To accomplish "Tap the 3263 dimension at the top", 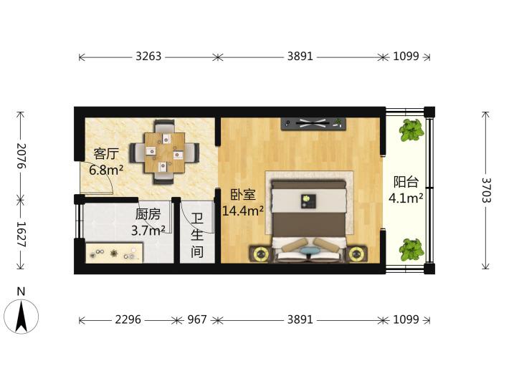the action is point(148,57).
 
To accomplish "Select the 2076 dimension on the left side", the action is point(22,155).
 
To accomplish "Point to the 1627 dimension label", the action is point(22,234).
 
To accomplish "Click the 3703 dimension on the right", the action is point(486,190).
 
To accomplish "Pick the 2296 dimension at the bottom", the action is point(128,319).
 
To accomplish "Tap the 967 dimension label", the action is point(197,319).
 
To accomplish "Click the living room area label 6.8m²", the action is point(106,170).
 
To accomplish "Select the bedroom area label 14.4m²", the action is point(242,211).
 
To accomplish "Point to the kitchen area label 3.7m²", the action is point(148,231).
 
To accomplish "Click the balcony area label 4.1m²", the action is point(406,198).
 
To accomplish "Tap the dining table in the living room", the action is point(165,153).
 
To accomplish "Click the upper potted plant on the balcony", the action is point(412,130).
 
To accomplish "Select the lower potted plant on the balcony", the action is point(412,250).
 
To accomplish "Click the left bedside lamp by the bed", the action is point(260,254).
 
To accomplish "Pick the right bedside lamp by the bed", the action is point(356,254).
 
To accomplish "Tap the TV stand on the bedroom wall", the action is point(313,124).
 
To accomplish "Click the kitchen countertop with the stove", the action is point(114,253).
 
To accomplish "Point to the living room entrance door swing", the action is point(96,178).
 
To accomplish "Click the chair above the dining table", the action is point(165,126).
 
